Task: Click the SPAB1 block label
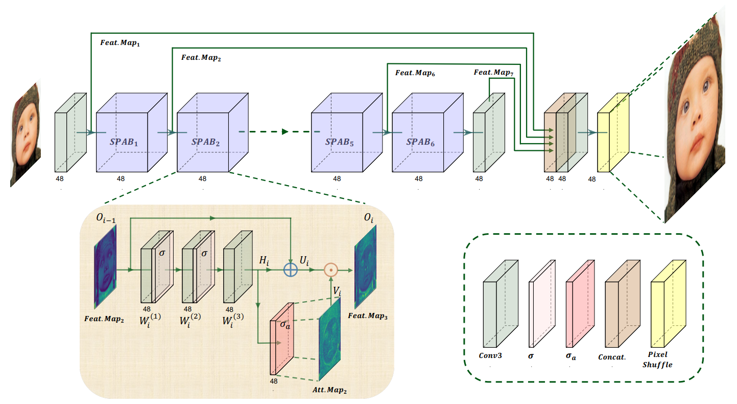pyautogui.click(x=122, y=141)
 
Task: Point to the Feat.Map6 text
pyautogui.click(x=415, y=74)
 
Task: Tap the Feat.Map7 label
pyautogui.click(x=493, y=73)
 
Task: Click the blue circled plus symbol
pyautogui.click(x=291, y=270)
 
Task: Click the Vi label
pyautogui.click(x=338, y=291)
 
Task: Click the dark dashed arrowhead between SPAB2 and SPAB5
pyautogui.click(x=286, y=131)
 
